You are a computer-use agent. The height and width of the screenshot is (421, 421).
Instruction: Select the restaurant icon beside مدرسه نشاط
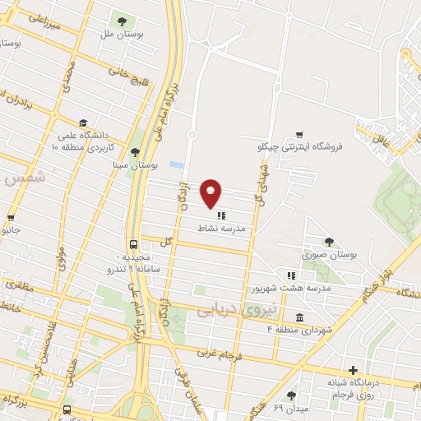tap(221, 215)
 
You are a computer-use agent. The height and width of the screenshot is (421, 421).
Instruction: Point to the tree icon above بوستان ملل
tap(122, 21)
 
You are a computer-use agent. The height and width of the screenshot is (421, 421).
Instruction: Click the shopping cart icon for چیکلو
tap(299, 135)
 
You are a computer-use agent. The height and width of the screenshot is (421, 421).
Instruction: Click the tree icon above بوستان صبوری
tap(329, 242)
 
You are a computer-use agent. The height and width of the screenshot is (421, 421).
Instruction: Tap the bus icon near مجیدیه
tap(133, 244)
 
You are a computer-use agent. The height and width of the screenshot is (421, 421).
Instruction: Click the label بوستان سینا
tap(136, 164)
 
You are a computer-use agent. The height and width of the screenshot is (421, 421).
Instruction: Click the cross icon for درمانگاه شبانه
tap(354, 371)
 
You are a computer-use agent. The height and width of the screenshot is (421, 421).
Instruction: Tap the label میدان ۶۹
tap(290, 408)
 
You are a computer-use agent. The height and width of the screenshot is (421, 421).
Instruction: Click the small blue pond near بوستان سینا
tap(177, 164)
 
